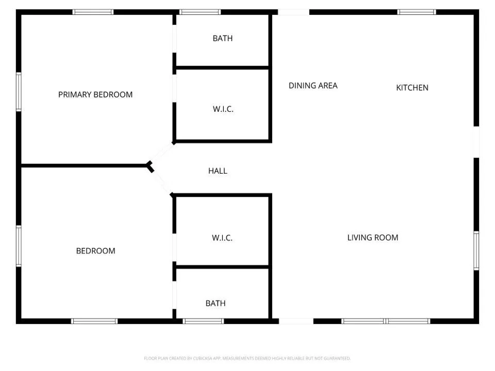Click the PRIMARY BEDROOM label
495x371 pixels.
(95, 95)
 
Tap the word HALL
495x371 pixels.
(218, 171)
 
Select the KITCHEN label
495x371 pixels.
(412, 88)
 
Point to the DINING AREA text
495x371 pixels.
(313, 86)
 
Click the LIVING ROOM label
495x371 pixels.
(372, 238)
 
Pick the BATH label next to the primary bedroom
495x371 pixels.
(223, 39)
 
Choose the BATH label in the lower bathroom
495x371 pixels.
(216, 303)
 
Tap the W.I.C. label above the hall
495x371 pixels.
(223, 109)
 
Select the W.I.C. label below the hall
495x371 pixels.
(222, 238)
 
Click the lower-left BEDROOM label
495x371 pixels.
(95, 251)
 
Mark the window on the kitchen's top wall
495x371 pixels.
(417, 12)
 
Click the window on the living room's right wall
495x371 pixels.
(476, 250)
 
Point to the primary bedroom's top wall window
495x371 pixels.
(93, 12)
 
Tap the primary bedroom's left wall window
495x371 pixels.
(19, 92)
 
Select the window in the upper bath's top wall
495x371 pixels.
(200, 12)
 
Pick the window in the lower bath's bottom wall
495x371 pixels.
(204, 321)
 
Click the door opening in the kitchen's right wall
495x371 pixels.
(476, 142)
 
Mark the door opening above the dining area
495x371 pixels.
(293, 12)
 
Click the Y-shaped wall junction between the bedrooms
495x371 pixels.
(150, 166)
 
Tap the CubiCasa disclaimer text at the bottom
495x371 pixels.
(247, 358)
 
